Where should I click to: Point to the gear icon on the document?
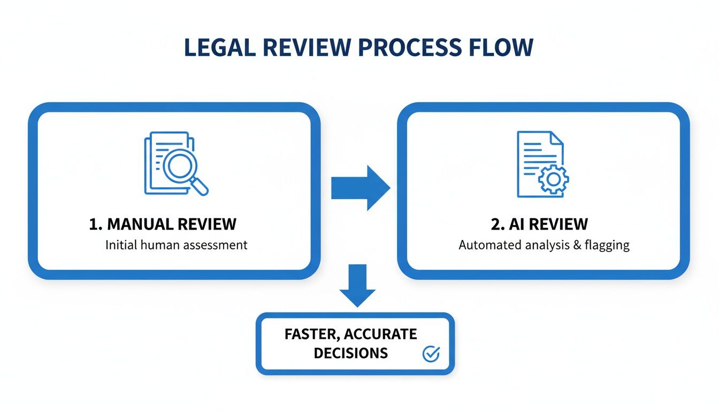(x=553, y=179)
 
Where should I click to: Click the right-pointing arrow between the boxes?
(x=360, y=188)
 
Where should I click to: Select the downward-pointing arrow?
(x=358, y=285)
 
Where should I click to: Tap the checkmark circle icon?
(x=431, y=353)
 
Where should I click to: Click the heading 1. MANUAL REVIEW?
(x=162, y=224)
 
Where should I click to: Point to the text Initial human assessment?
(x=176, y=245)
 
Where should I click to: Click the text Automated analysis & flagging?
(x=544, y=246)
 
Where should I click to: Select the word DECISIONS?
(x=350, y=353)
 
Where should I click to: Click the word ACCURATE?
(x=380, y=334)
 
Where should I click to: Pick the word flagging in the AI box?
(x=607, y=246)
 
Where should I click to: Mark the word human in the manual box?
(x=161, y=245)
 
